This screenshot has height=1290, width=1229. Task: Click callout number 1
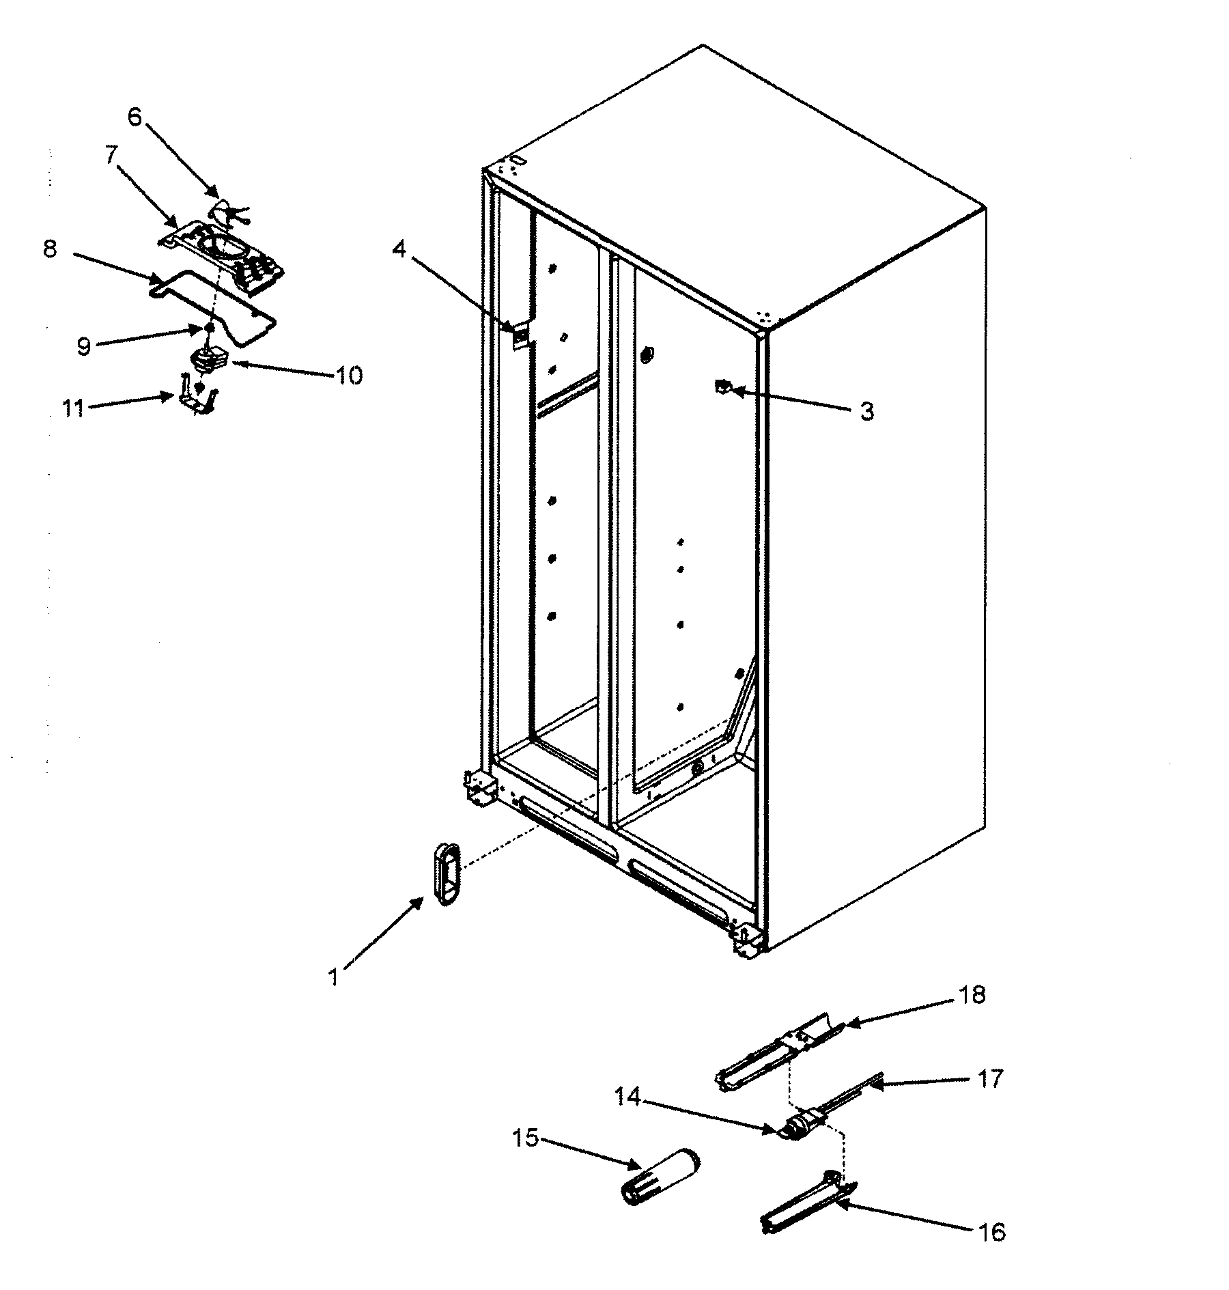pos(333,978)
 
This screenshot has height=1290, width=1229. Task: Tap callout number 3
pos(866,412)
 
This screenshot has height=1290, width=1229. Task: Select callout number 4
pos(399,250)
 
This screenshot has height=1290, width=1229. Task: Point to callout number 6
pos(135,117)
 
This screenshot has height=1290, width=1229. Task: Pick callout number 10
pos(350,375)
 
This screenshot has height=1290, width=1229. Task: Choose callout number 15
pos(527,1138)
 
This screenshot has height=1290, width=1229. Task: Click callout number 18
pos(972,995)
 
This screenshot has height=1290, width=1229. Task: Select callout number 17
pos(989,1078)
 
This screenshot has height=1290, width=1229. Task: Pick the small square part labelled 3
pos(720,387)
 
